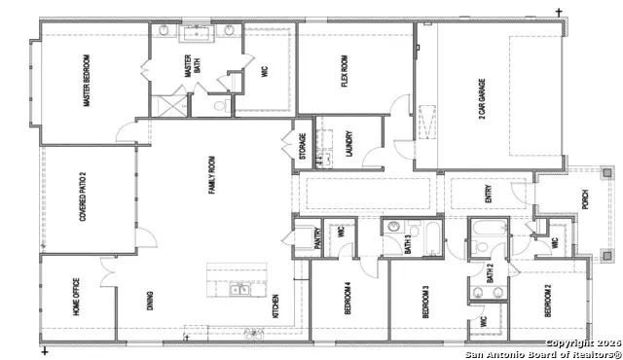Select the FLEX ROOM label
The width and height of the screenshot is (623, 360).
(x=345, y=71)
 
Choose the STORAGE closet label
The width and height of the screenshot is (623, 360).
(x=302, y=149)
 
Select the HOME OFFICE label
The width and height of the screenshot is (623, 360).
(x=74, y=298)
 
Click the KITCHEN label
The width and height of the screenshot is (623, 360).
(x=276, y=306)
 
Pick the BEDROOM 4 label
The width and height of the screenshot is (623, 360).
(x=347, y=300)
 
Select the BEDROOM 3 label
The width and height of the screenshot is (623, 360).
(x=424, y=303)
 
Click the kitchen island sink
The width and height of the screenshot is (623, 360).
(x=238, y=289)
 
